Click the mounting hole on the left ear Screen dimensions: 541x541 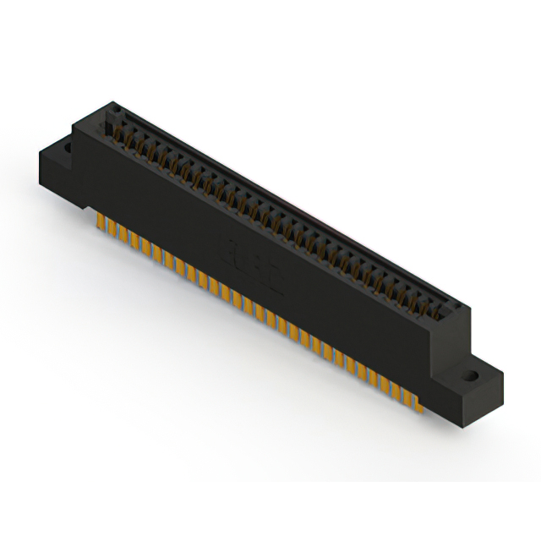[x=63, y=150]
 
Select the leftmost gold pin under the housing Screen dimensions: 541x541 [x=101, y=221]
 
